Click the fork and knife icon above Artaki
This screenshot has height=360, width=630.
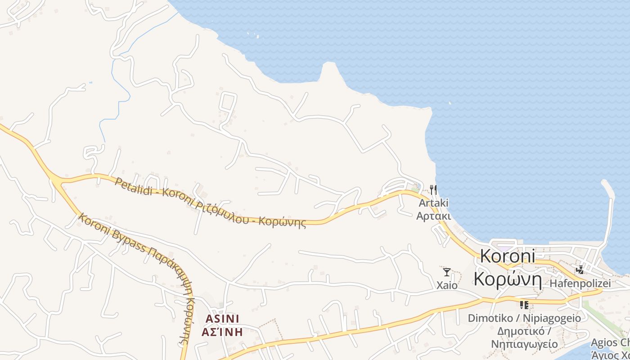pos(433,189)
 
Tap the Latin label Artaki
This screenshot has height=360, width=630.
pos(433,203)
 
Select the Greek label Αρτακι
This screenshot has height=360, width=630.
pos(433,216)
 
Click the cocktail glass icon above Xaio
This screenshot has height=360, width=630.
pos(446,272)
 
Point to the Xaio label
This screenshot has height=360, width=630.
pos(447,285)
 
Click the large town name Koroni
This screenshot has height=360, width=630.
pos(508,256)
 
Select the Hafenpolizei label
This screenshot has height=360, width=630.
pos(580,283)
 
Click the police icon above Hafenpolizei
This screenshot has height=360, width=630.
pos(580,270)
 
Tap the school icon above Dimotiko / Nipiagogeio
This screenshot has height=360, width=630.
pos(524,305)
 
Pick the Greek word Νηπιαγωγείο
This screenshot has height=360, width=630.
pos(524,344)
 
